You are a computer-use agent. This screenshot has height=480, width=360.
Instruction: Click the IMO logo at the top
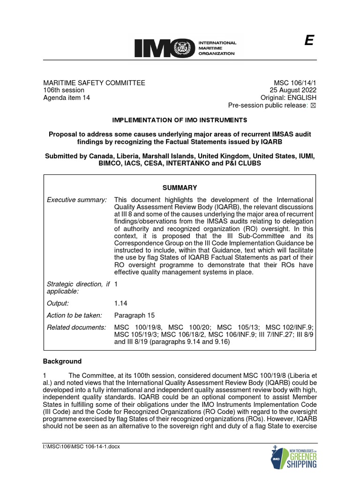185,48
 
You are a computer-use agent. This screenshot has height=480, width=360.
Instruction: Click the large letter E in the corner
308,41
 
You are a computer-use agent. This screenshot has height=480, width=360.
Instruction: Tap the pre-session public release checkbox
314,105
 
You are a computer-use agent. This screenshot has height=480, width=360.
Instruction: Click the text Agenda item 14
67,98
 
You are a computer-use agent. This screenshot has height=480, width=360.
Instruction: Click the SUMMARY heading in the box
180,187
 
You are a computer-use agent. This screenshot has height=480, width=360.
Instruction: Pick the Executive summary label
77,200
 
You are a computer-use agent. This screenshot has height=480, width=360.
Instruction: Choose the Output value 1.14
121,304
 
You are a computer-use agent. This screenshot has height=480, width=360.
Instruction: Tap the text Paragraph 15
134,315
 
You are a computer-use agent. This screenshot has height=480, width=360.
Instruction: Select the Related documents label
76,327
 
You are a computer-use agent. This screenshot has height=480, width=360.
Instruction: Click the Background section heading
62,361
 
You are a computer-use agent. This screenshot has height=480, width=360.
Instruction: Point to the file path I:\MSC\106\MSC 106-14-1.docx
82,446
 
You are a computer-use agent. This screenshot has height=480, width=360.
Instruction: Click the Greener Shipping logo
294,456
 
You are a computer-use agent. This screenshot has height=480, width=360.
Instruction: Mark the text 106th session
64,90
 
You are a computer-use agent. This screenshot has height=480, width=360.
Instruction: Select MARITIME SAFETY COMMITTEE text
94,83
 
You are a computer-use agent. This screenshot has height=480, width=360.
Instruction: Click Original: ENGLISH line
290,98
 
